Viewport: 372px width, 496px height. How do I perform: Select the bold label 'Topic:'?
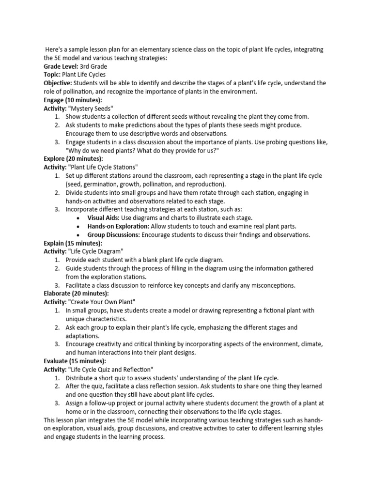tap(52, 75)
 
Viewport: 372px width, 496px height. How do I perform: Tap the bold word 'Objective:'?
tap(58, 83)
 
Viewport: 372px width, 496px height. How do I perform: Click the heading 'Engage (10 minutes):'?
tap(73, 100)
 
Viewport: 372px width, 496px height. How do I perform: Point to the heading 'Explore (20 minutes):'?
tap(73, 158)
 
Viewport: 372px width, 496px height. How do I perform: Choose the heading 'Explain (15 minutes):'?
tap(73, 243)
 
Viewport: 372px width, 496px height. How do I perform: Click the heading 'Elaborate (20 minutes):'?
tap(76, 293)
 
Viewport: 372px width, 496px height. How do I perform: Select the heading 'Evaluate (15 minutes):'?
tap(75, 361)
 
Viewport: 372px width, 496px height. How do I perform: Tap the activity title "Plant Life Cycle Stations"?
tap(107, 167)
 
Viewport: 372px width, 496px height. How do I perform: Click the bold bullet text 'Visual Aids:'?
tap(103, 217)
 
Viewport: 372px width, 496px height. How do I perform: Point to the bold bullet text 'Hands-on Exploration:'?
tap(118, 226)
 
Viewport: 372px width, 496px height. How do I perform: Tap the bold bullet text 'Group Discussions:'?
tap(114, 234)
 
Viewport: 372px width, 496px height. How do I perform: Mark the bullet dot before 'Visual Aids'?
tap(78, 218)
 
